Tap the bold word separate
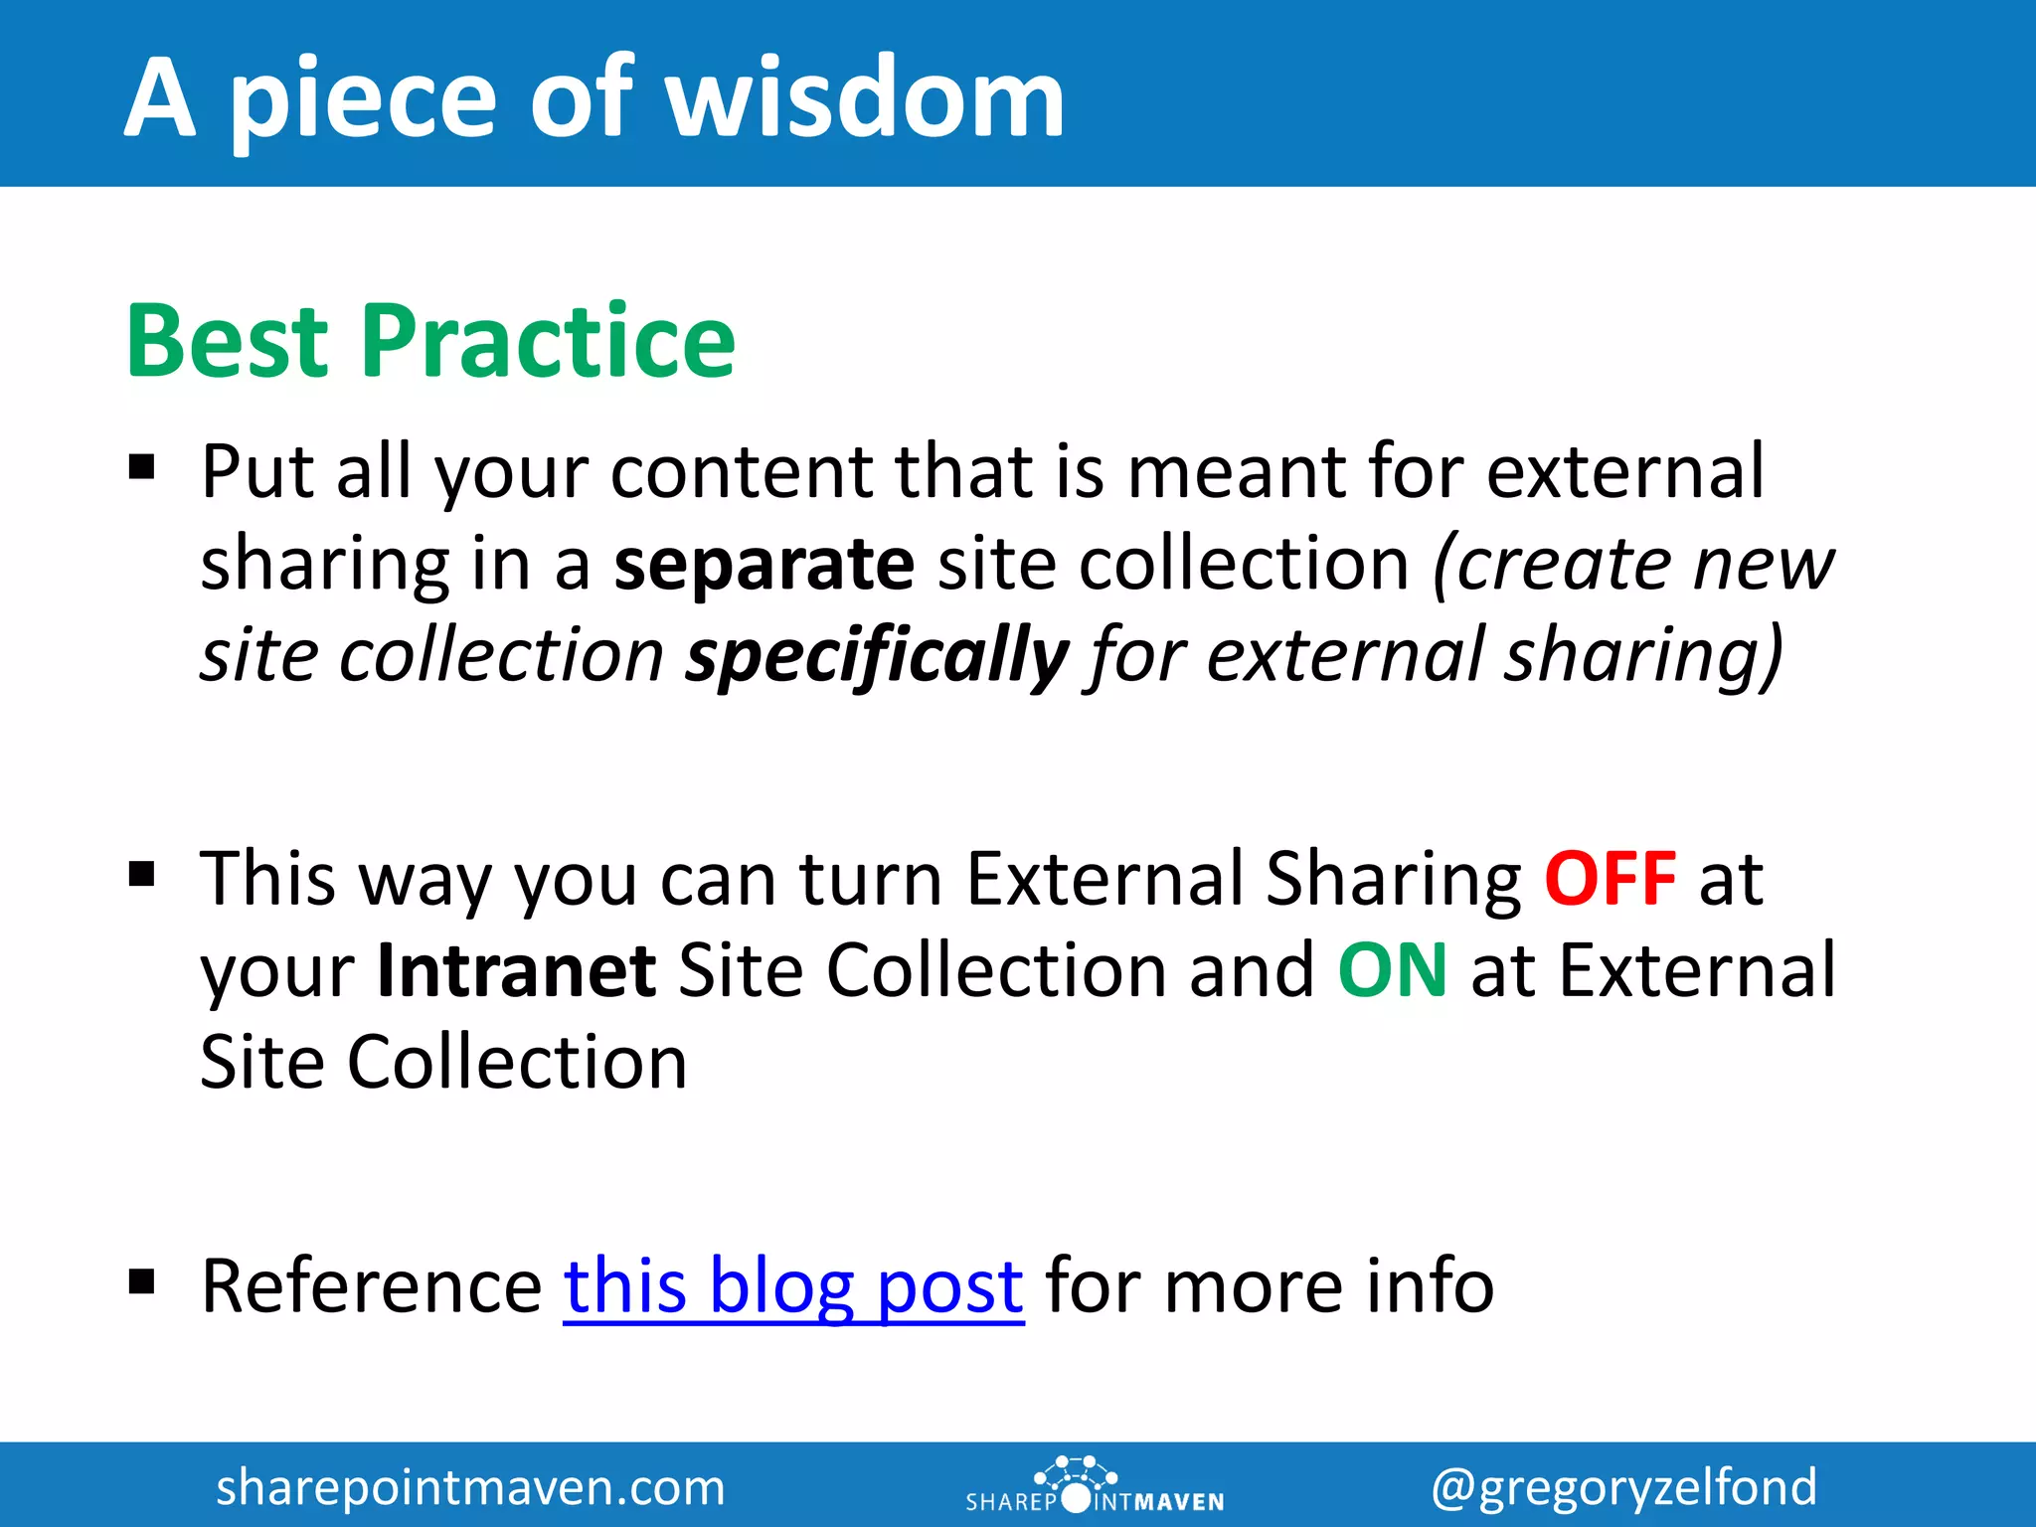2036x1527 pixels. pyautogui.click(x=763, y=564)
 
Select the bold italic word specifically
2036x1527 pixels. pyautogui.click(x=877, y=656)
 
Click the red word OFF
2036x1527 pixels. pyautogui.click(x=1611, y=879)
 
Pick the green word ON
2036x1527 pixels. pyautogui.click(x=1392, y=970)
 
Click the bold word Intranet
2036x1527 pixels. pyautogui.click(x=516, y=970)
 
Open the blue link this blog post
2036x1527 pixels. pyautogui.click(x=793, y=1286)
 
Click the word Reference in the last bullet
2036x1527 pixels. pyautogui.click(x=371, y=1286)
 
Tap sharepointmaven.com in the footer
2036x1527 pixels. pyautogui.click(x=470, y=1487)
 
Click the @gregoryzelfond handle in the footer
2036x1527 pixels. pyautogui.click(x=1623, y=1487)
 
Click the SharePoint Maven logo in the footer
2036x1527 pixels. pyautogui.click(x=1094, y=1485)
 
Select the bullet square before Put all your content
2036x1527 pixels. pyautogui.click(x=142, y=466)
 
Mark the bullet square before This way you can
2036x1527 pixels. pyautogui.click(x=142, y=874)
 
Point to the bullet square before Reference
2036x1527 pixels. pyautogui.click(x=142, y=1281)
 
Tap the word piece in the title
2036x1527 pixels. pyautogui.click(x=363, y=99)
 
